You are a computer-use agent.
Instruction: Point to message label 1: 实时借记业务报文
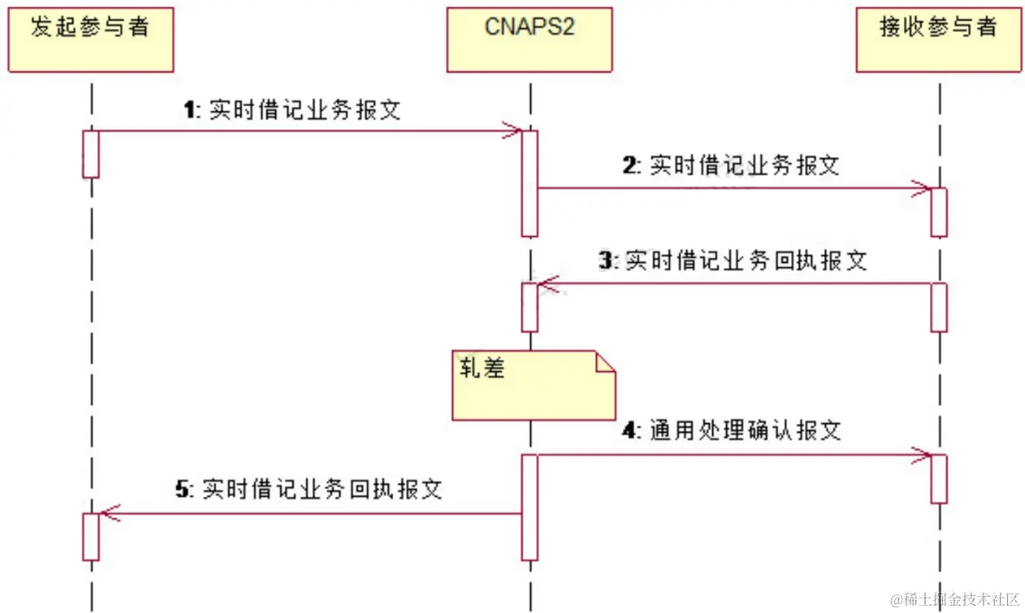coord(292,110)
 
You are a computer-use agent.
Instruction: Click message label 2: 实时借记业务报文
coord(731,166)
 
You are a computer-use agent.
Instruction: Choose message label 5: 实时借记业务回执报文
coord(309,489)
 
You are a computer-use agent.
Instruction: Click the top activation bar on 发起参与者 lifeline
coord(90,153)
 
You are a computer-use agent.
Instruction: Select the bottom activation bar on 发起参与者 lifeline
coord(90,536)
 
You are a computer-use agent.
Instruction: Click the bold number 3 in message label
coord(604,261)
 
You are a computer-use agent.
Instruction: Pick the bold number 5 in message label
coord(182,489)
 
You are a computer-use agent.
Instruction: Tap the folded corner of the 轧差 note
coord(606,361)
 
